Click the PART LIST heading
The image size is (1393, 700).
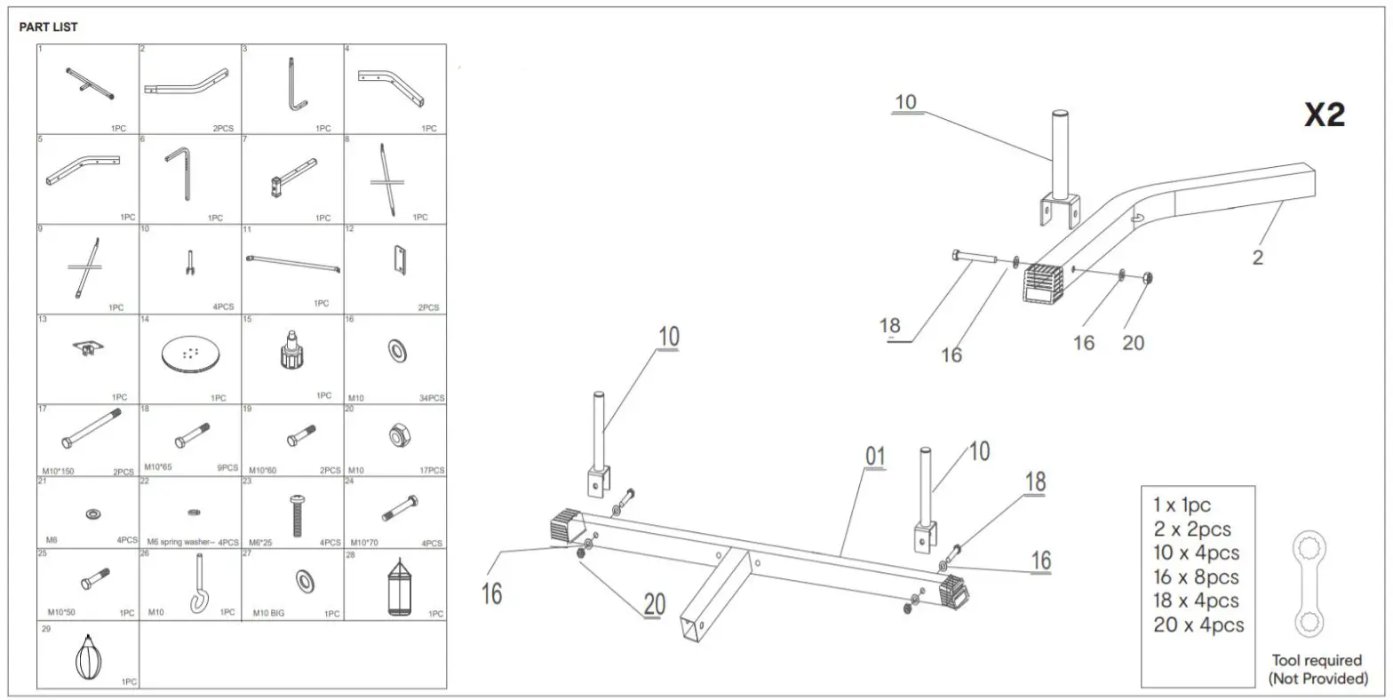[x=48, y=28]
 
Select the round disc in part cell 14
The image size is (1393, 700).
[x=190, y=354]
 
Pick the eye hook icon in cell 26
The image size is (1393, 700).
[x=196, y=588]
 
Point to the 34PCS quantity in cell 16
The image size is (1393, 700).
[x=431, y=398]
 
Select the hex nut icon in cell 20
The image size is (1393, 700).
[x=396, y=434]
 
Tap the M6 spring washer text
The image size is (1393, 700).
[x=181, y=542]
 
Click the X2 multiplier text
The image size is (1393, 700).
[x=1324, y=115]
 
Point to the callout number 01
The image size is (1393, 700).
[x=876, y=457]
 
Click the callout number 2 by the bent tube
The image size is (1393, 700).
[x=1257, y=258]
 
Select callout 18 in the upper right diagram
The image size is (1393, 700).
[x=889, y=326]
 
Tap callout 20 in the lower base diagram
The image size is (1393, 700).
[x=653, y=604]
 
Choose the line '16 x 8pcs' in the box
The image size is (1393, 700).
[x=1196, y=577]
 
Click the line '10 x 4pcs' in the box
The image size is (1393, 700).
[x=1196, y=553]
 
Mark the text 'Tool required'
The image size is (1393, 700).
[x=1317, y=660]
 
